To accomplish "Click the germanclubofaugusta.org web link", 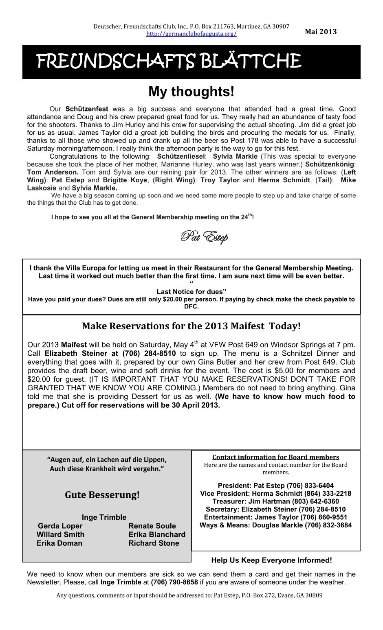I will [x=191, y=34].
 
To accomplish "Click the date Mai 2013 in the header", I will [x=321, y=32].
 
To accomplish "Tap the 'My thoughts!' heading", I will [x=191, y=92].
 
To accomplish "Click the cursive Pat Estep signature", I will [x=204, y=236].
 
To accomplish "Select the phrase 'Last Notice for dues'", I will [x=191, y=291].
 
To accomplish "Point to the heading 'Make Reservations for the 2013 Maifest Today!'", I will [x=191, y=326].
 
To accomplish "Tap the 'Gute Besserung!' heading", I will [x=102, y=495].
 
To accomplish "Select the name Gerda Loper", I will [x=60, y=526].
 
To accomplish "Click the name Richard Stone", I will [x=154, y=543].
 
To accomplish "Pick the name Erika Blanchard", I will [x=157, y=534].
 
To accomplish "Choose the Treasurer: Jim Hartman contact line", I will [x=275, y=501].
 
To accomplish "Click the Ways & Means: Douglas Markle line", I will [x=275, y=525].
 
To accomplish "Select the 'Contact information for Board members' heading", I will [x=275, y=457].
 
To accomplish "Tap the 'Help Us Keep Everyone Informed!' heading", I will [x=272, y=560].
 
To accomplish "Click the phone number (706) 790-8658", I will [x=174, y=582].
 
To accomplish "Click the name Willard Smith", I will [x=60, y=534].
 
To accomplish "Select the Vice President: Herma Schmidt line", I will [x=275, y=493].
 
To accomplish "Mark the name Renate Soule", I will [x=152, y=526].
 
